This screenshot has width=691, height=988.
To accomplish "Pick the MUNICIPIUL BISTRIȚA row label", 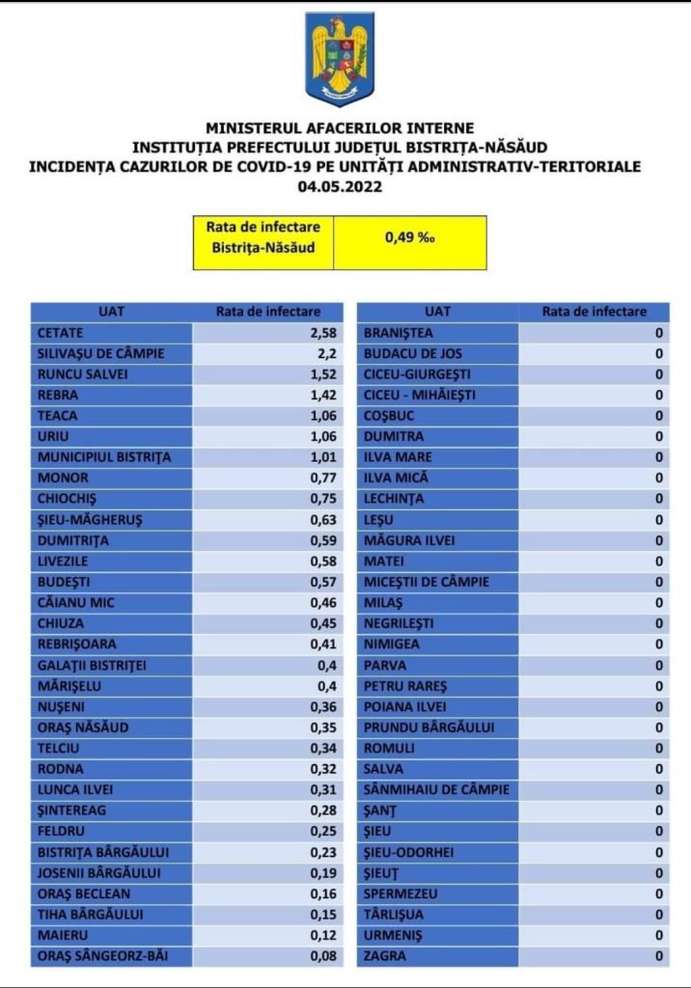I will coord(103,457).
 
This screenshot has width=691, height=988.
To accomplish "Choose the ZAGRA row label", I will coord(384,956).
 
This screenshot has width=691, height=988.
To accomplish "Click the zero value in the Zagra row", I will coord(659,956).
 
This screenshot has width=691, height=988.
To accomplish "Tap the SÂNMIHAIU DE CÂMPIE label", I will coord(435,790).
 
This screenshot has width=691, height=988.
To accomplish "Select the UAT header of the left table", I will coord(111,312).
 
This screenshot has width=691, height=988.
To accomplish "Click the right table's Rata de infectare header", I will coord(594,312).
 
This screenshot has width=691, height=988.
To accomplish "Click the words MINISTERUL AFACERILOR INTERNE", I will coord(339,128).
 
